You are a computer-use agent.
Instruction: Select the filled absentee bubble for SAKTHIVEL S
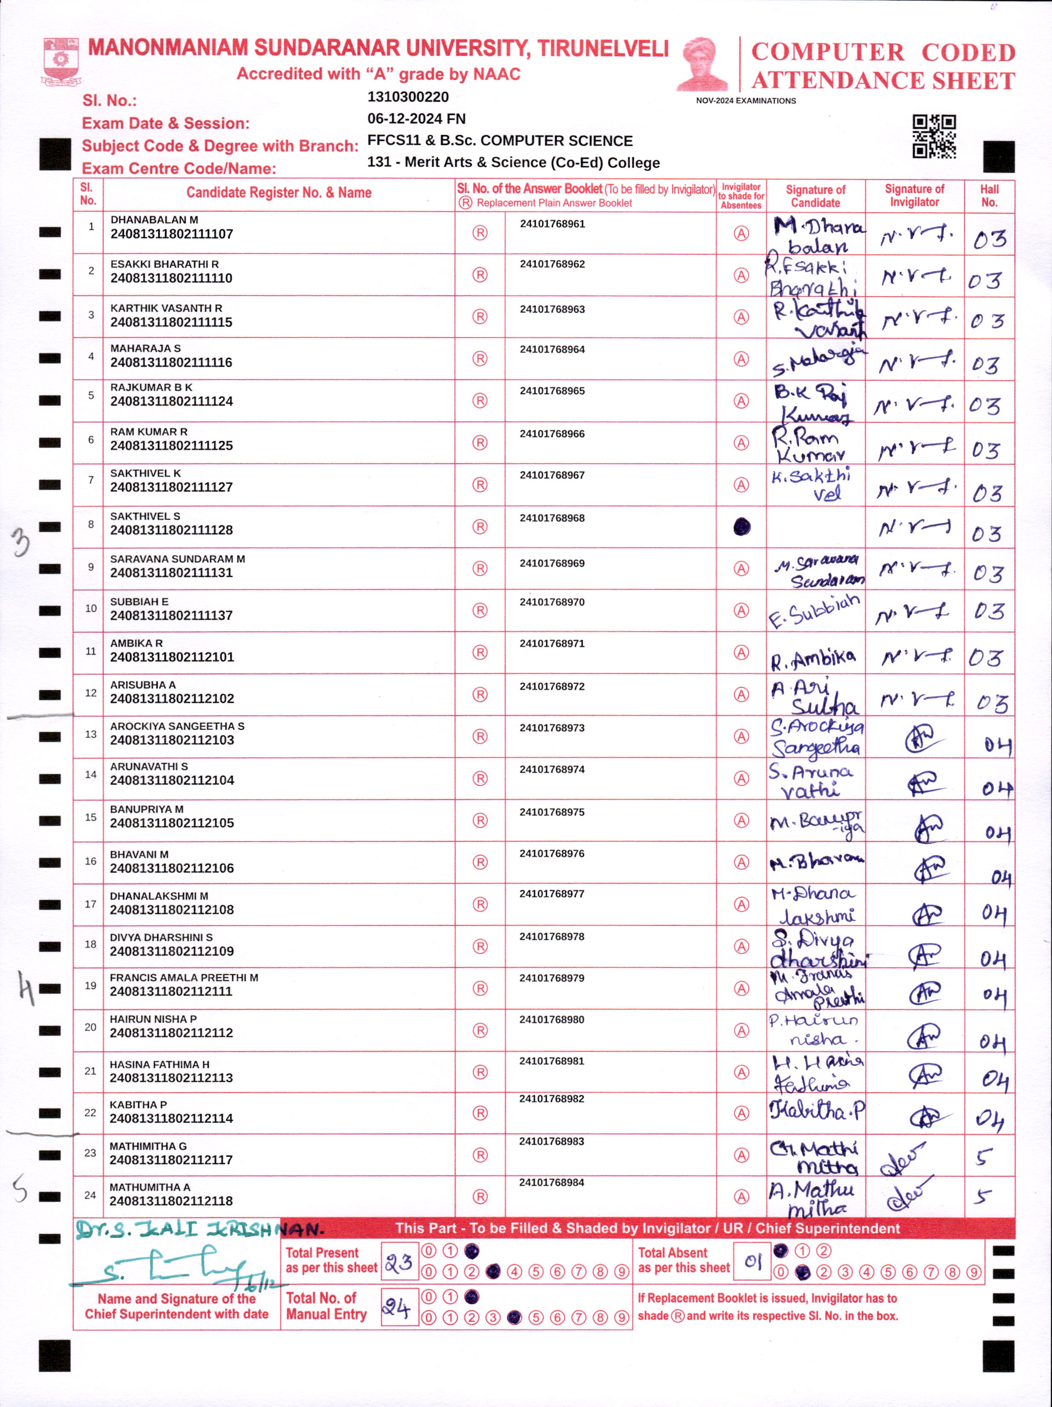pyautogui.click(x=742, y=527)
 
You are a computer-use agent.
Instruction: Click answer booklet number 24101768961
pyautogui.click(x=552, y=224)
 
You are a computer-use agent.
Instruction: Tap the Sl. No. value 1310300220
pyautogui.click(x=408, y=97)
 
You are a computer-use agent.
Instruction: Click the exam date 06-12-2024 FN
pyautogui.click(x=416, y=119)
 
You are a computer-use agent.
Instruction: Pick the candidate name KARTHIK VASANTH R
pyautogui.click(x=166, y=308)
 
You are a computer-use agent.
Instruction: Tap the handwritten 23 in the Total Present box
pyautogui.click(x=399, y=1262)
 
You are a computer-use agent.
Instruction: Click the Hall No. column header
pyautogui.click(x=989, y=195)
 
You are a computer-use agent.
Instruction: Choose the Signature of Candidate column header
pyautogui.click(x=815, y=196)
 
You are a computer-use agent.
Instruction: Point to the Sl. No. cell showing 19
pyautogui.click(x=90, y=986)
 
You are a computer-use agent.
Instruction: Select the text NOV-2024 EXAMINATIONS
pyautogui.click(x=746, y=101)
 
